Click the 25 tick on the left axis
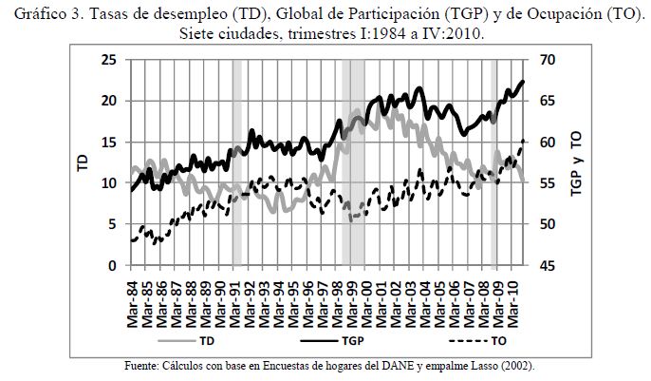(109, 60)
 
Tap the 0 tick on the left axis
(113, 266)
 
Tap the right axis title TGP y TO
(577, 163)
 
